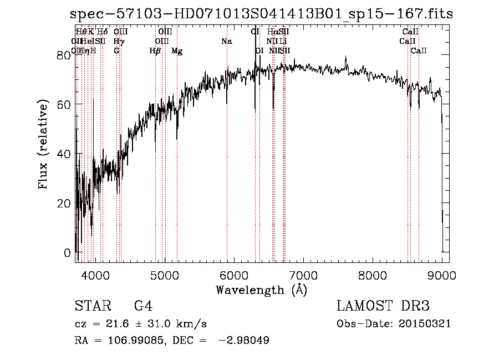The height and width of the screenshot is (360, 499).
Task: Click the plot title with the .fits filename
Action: [x=261, y=15]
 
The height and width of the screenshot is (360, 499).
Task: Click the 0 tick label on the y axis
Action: [x=67, y=253]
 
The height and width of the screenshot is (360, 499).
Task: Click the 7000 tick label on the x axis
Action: [x=303, y=275]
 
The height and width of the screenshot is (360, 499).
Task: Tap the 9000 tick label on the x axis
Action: [x=442, y=275]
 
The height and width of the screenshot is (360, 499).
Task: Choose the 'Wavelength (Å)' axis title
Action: [x=261, y=290]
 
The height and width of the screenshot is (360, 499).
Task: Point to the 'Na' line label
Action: [x=226, y=42]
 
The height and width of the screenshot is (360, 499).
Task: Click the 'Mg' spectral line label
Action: [x=177, y=51]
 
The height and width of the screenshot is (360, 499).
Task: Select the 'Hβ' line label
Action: [x=155, y=51]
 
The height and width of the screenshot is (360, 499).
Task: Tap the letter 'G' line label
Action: [x=116, y=51]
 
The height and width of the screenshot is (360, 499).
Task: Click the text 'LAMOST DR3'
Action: [x=383, y=306]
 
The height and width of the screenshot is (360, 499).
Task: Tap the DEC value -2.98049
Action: [x=245, y=341]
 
